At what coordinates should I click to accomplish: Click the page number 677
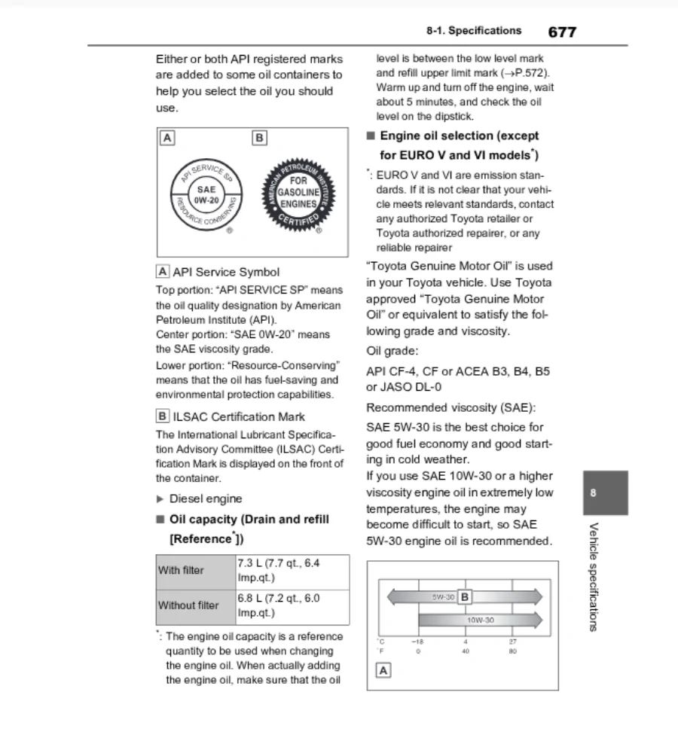(562, 32)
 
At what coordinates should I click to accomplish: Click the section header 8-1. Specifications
(473, 31)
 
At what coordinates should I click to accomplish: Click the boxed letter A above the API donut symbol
(167, 138)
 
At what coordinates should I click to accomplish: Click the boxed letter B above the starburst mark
(260, 138)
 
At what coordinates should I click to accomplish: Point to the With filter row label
(181, 570)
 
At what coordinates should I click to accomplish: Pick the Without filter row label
(188, 605)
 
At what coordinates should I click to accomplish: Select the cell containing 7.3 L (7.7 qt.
(292, 570)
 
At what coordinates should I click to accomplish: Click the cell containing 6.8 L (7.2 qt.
(292, 605)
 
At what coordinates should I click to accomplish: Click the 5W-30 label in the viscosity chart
(443, 597)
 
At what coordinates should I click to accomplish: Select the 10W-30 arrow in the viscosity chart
(480, 620)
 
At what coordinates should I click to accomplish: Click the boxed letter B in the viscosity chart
(465, 597)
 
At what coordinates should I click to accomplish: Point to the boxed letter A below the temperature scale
(383, 670)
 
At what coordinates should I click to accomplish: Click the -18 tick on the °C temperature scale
(417, 642)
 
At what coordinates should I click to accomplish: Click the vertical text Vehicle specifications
(594, 576)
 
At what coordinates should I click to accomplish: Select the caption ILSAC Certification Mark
(238, 416)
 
